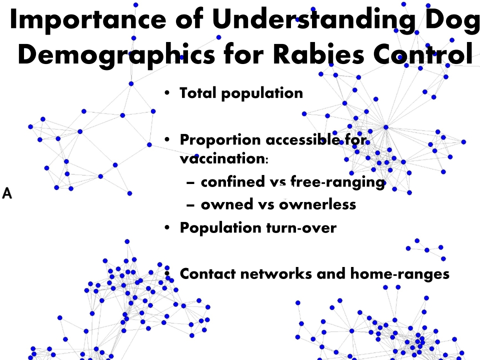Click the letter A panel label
7,192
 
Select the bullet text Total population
241,93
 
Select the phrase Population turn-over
258,227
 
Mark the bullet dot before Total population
168,93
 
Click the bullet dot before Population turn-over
168,228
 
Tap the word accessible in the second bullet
303,139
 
